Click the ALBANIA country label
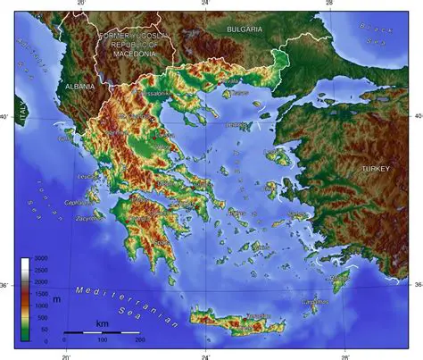(79, 87)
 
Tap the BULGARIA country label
(245, 29)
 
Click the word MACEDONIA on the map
(135, 54)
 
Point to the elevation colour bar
(25, 299)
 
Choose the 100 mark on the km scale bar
(102, 340)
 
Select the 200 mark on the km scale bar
(139, 340)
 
